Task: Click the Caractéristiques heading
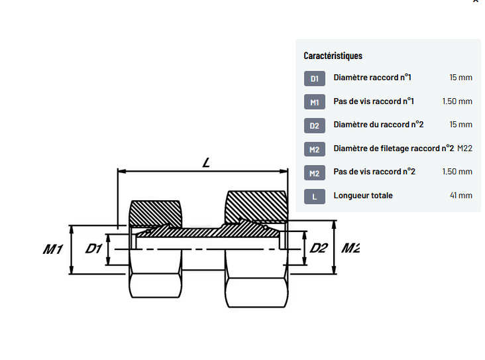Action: tap(333, 56)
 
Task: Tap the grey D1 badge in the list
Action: tap(315, 79)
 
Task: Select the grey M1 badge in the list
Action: tap(315, 102)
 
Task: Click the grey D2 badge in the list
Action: tap(315, 126)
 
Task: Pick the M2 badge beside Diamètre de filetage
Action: tap(315, 149)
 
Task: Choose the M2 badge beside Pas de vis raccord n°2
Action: tap(315, 173)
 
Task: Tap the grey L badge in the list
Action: tap(315, 196)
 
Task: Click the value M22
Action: tap(464, 149)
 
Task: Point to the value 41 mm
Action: tap(461, 196)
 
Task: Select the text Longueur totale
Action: tap(363, 196)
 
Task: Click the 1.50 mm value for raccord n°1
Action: tap(457, 101)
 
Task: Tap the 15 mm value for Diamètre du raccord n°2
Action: tap(461, 125)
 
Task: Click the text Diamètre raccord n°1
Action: tap(372, 78)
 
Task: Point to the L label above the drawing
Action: tap(206, 163)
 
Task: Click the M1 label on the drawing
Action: tap(53, 249)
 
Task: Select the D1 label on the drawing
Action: tap(93, 249)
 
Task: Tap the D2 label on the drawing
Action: tap(319, 248)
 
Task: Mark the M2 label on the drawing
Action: tap(350, 248)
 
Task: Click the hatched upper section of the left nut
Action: tap(155, 213)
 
